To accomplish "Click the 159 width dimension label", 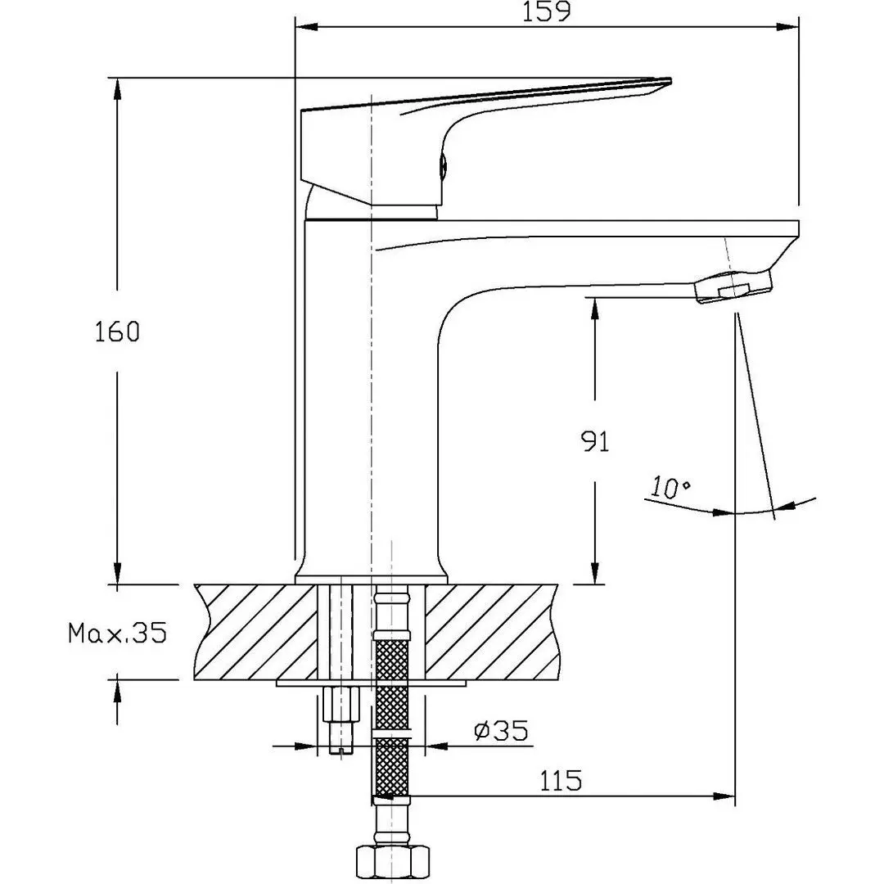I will click(x=546, y=11).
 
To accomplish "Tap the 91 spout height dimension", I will click(x=596, y=442).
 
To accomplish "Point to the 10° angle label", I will click(x=670, y=488).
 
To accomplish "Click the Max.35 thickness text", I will click(x=117, y=632).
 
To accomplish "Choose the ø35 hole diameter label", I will click(x=500, y=729).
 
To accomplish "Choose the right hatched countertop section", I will click(x=491, y=632).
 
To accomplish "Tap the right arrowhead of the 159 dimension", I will click(x=789, y=28).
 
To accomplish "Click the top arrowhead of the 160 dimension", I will click(x=118, y=87).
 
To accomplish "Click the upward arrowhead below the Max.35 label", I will click(x=118, y=689).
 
